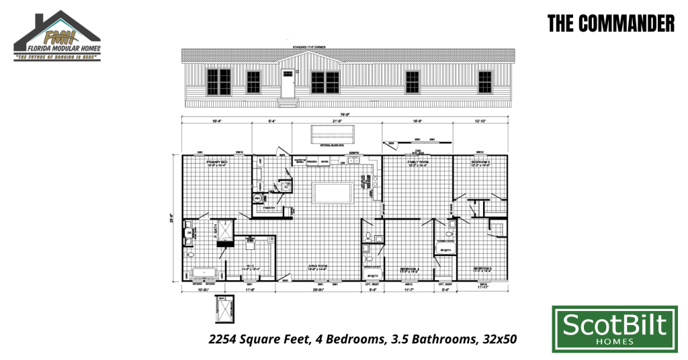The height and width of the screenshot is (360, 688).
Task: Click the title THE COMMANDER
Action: coord(610,24)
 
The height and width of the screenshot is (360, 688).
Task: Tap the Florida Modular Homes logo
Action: coord(57,38)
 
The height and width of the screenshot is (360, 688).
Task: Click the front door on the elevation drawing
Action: coord(288,85)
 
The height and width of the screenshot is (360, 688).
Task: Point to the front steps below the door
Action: coord(288,103)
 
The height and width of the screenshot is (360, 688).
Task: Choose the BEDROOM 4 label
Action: coord(410,269)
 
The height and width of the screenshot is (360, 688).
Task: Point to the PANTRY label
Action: coord(270,208)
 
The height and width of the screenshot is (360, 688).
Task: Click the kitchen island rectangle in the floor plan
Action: coord(333,193)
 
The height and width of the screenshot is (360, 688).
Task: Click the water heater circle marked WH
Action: coord(257,199)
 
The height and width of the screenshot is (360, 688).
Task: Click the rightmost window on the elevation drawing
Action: coord(484,83)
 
